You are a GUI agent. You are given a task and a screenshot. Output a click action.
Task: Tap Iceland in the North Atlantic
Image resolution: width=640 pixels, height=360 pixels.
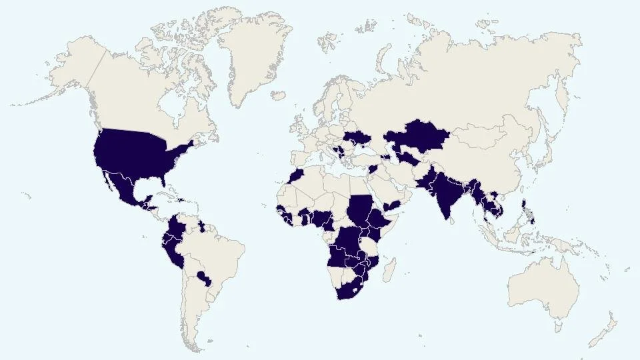click(279, 96)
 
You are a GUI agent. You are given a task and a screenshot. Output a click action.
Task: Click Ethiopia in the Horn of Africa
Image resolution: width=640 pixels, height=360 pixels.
click(383, 221)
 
